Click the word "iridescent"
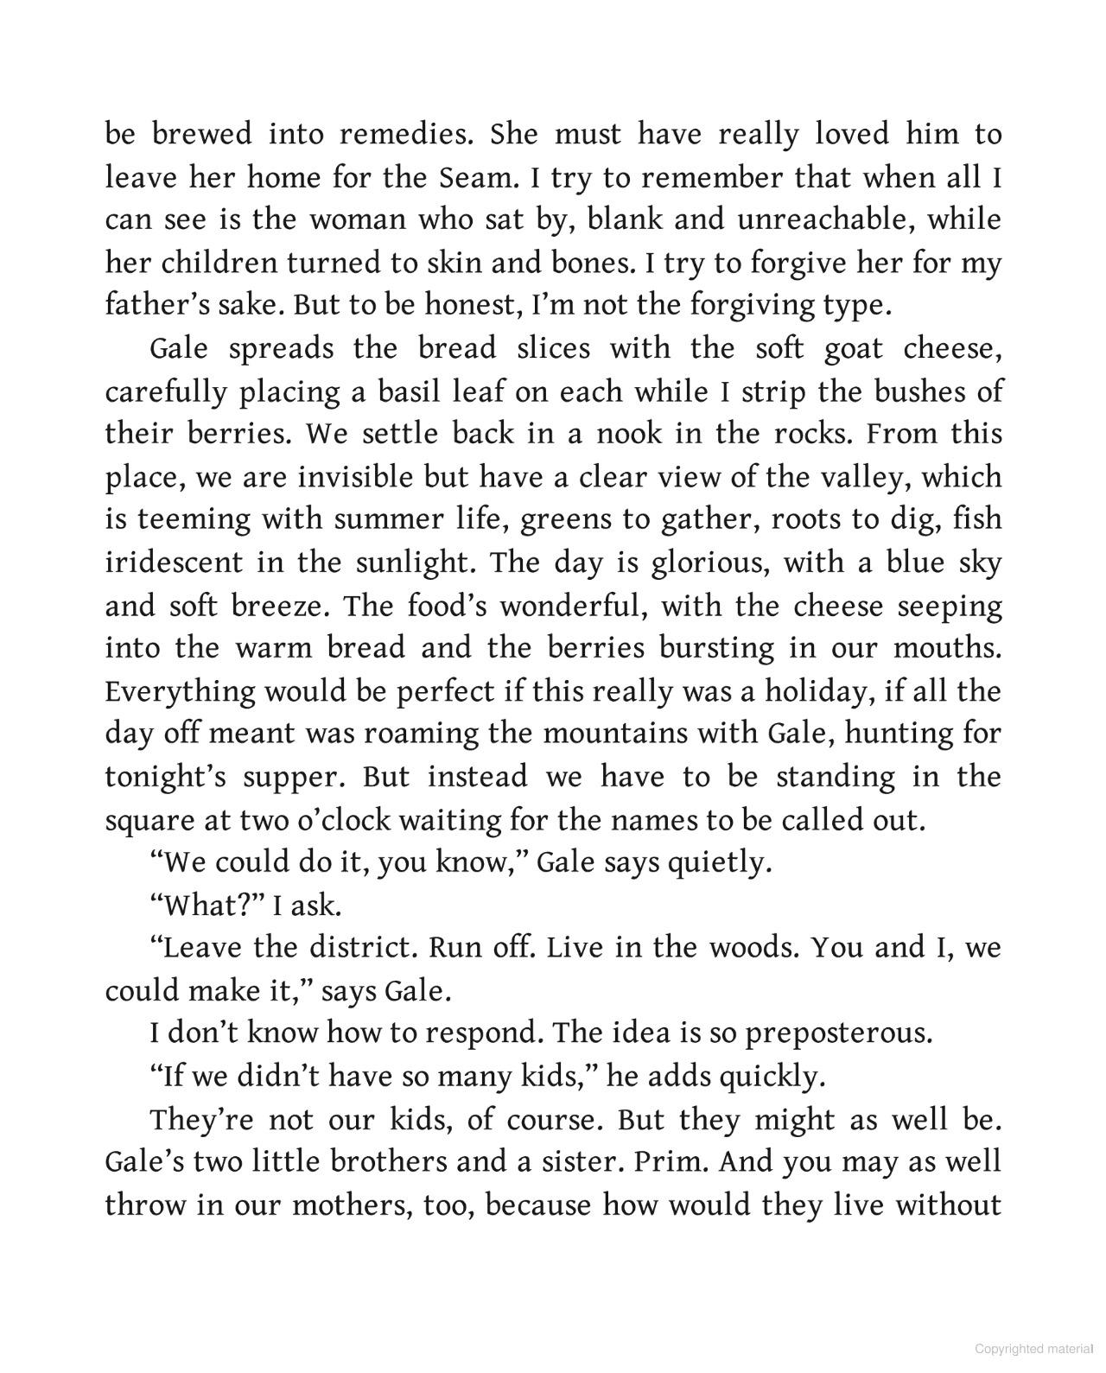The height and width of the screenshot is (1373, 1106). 174,563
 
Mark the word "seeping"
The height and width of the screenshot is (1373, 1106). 950,607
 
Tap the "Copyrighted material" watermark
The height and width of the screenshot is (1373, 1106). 1033,1349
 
